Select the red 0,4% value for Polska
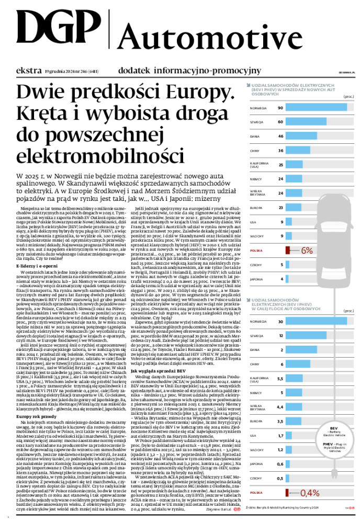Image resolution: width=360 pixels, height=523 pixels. point(309,493)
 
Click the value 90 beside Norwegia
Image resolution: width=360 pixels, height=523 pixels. point(280,108)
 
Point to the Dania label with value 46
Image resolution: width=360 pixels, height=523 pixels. point(255,136)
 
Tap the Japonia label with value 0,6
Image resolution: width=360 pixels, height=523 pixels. point(256,464)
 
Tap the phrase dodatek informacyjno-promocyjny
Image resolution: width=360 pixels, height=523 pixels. point(189,70)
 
